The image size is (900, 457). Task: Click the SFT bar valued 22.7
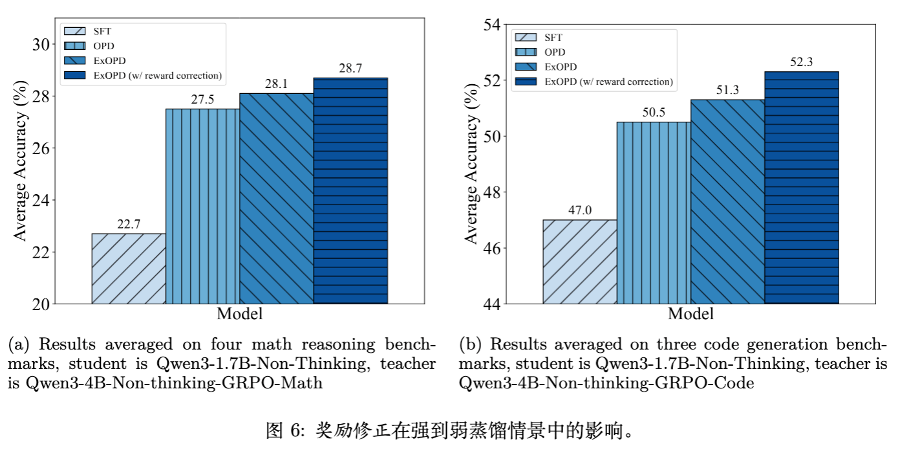pyautogui.click(x=129, y=268)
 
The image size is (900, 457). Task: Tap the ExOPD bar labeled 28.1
pyautogui.click(x=277, y=198)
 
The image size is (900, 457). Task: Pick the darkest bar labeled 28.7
pyautogui.click(x=350, y=190)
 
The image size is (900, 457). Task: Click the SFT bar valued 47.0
pyautogui.click(x=579, y=262)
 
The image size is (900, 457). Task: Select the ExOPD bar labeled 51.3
pyautogui.click(x=727, y=201)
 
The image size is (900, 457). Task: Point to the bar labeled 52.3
pyautogui.click(x=802, y=187)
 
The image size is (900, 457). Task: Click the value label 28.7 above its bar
pyautogui.click(x=350, y=68)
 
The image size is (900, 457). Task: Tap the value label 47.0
pyautogui.click(x=579, y=210)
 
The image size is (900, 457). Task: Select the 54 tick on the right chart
pyautogui.click(x=492, y=25)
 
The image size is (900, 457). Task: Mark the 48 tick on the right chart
pyautogui.click(x=492, y=192)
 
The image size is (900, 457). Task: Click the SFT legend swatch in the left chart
pyautogui.click(x=76, y=30)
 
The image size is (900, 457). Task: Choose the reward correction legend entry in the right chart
pyautogui.click(x=608, y=82)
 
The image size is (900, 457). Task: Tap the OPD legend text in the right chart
pyautogui.click(x=555, y=52)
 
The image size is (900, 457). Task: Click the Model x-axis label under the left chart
pyautogui.click(x=239, y=315)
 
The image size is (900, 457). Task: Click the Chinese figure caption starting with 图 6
pyautogui.click(x=449, y=430)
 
